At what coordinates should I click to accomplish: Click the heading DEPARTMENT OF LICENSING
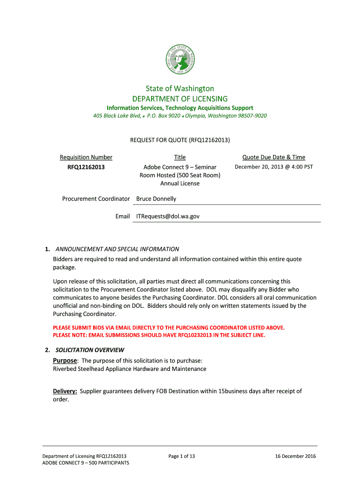pos(180,99)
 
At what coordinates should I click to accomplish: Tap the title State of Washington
pos(180,88)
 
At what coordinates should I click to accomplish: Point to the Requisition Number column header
pos(86,157)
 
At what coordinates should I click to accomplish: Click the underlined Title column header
pos(180,157)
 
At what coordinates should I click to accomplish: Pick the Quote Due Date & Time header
pos(274,157)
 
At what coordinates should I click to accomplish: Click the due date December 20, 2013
pos(257,167)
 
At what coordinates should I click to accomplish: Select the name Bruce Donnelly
pos(156,199)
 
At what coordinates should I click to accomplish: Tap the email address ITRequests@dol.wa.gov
pos(168,216)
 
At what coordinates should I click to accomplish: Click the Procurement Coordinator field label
pos(96,199)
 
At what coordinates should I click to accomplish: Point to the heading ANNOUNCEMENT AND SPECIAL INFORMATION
pos(117,249)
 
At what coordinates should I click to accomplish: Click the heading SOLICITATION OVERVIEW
pos(90,349)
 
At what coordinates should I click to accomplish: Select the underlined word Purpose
pos(65,360)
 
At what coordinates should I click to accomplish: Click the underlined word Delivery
pos(65,391)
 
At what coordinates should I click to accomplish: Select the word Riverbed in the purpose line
pos(65,369)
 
